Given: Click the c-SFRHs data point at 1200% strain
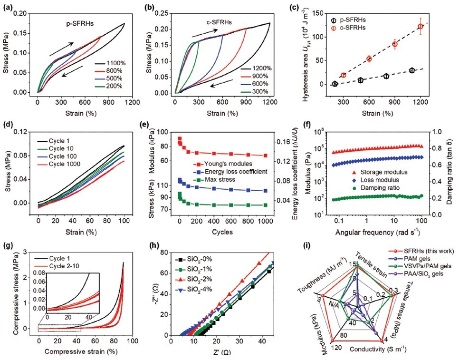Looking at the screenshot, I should [420, 26].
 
